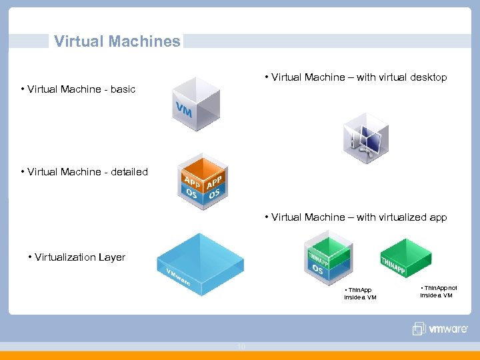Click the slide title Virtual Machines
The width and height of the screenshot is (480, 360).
pyautogui.click(x=117, y=41)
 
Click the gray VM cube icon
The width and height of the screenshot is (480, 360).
pyautogui.click(x=196, y=104)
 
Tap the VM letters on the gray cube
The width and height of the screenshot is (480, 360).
pyautogui.click(x=184, y=110)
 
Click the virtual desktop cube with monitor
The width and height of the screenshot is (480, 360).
pyautogui.click(x=365, y=137)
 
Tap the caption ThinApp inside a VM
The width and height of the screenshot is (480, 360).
pyautogui.click(x=360, y=293)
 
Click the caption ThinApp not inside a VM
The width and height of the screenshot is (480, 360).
pyautogui.click(x=438, y=291)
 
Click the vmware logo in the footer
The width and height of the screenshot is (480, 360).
pyautogui.click(x=440, y=329)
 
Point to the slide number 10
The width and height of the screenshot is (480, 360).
pyautogui.click(x=241, y=346)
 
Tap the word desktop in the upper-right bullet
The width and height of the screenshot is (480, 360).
pyautogui.click(x=428, y=77)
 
